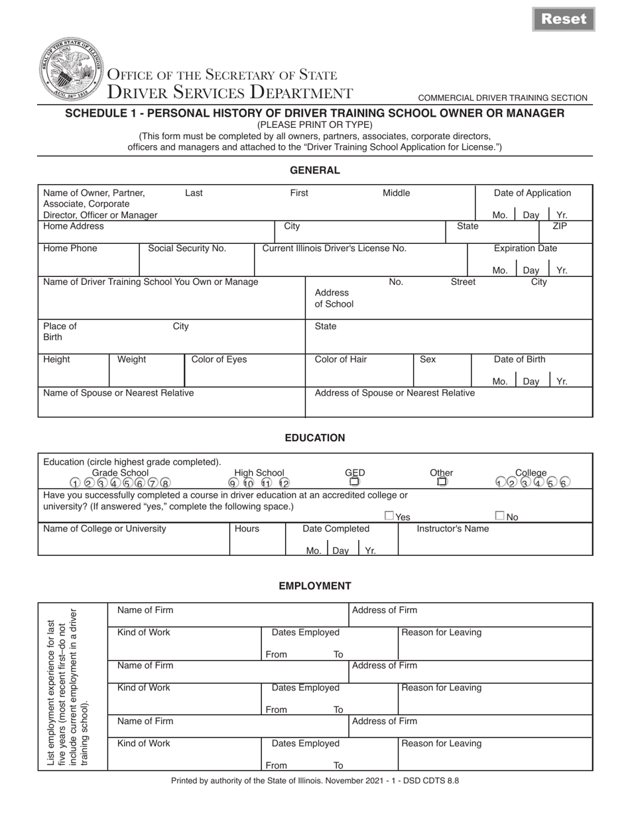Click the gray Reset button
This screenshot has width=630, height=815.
coord(564,19)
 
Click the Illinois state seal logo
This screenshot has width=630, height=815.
coord(72,69)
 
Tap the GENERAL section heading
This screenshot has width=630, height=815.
coord(314,170)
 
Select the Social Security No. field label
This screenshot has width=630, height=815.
coord(187,248)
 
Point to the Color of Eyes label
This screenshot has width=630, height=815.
coord(219,360)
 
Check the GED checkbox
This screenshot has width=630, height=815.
coord(355,482)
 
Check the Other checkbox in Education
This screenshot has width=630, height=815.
coord(442,482)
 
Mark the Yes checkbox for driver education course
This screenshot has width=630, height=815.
coord(389,516)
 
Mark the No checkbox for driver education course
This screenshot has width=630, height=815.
coord(500,516)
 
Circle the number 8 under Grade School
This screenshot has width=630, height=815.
coord(165,483)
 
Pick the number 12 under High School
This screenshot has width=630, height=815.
coord(284,483)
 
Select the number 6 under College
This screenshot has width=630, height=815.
coord(564,483)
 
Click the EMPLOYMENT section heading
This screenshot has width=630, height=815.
coord(314,586)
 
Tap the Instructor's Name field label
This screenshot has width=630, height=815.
coord(452,529)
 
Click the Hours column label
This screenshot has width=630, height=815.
coord(247,529)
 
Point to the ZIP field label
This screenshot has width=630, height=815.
coord(560,226)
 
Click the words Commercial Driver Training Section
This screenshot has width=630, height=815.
coord(503,98)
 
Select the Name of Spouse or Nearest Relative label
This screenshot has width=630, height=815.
coord(119,393)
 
